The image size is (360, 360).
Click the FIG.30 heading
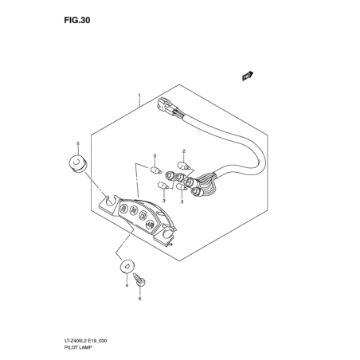77,20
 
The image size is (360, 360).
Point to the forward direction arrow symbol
248,76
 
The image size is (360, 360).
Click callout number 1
139,96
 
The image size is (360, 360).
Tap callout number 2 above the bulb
184,151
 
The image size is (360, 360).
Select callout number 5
78,143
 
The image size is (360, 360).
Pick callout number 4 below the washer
127,285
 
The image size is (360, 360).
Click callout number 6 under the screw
139,299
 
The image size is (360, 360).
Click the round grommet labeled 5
76,163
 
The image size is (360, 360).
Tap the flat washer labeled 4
127,266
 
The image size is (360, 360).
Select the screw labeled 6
139,280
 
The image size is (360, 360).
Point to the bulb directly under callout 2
184,166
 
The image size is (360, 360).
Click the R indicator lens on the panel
123,209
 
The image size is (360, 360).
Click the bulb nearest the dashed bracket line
155,170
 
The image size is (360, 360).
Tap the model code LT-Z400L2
76,341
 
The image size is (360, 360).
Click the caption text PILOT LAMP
77,347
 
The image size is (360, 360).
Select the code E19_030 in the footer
99,341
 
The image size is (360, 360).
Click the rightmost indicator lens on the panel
151,225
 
